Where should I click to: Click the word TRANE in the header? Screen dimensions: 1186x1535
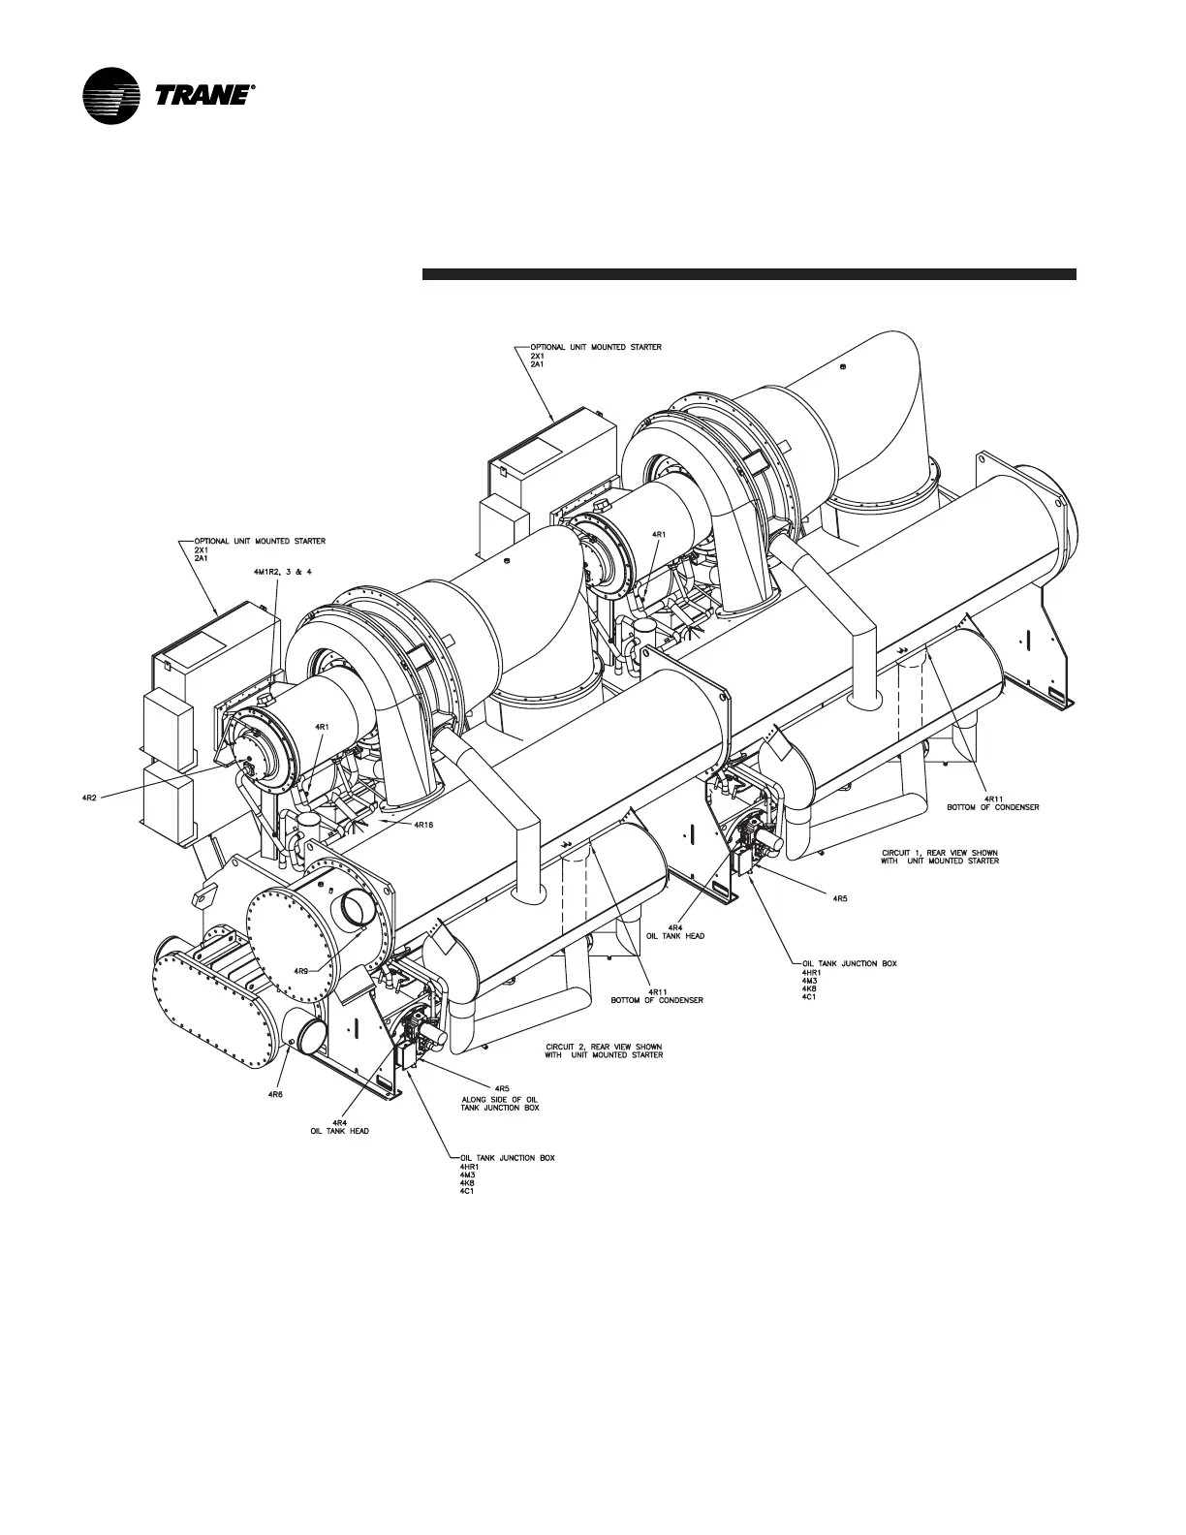(202, 97)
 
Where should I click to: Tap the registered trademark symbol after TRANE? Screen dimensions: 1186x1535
(254, 87)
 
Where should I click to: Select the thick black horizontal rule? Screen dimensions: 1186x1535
(749, 274)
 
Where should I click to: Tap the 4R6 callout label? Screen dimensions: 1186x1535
(275, 1093)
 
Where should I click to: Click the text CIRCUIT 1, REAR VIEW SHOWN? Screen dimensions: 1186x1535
(933, 852)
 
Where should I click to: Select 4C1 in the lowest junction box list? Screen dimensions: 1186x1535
(467, 1190)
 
